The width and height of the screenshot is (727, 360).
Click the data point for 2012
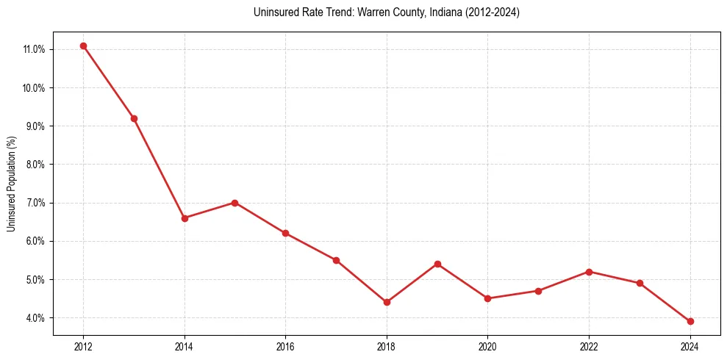coord(83,46)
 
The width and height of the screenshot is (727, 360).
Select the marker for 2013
coord(134,118)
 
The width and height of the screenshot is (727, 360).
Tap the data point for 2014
coord(185,218)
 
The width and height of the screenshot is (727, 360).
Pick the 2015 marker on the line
coord(234,203)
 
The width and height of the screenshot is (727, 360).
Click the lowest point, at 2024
coord(690,321)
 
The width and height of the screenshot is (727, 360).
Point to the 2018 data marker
coord(387,302)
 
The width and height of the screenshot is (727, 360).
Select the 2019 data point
coord(437,264)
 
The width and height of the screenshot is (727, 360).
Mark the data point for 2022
coord(589,272)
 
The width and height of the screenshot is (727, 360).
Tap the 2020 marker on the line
coord(487,298)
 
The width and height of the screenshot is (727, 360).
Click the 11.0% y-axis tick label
coord(35,49)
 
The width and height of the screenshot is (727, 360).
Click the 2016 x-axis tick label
coord(285,346)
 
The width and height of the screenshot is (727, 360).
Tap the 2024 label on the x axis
coord(690,346)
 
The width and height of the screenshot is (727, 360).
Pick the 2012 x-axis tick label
coord(83,346)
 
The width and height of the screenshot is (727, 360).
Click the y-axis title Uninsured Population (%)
coord(11,184)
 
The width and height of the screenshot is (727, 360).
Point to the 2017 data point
coord(336,260)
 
